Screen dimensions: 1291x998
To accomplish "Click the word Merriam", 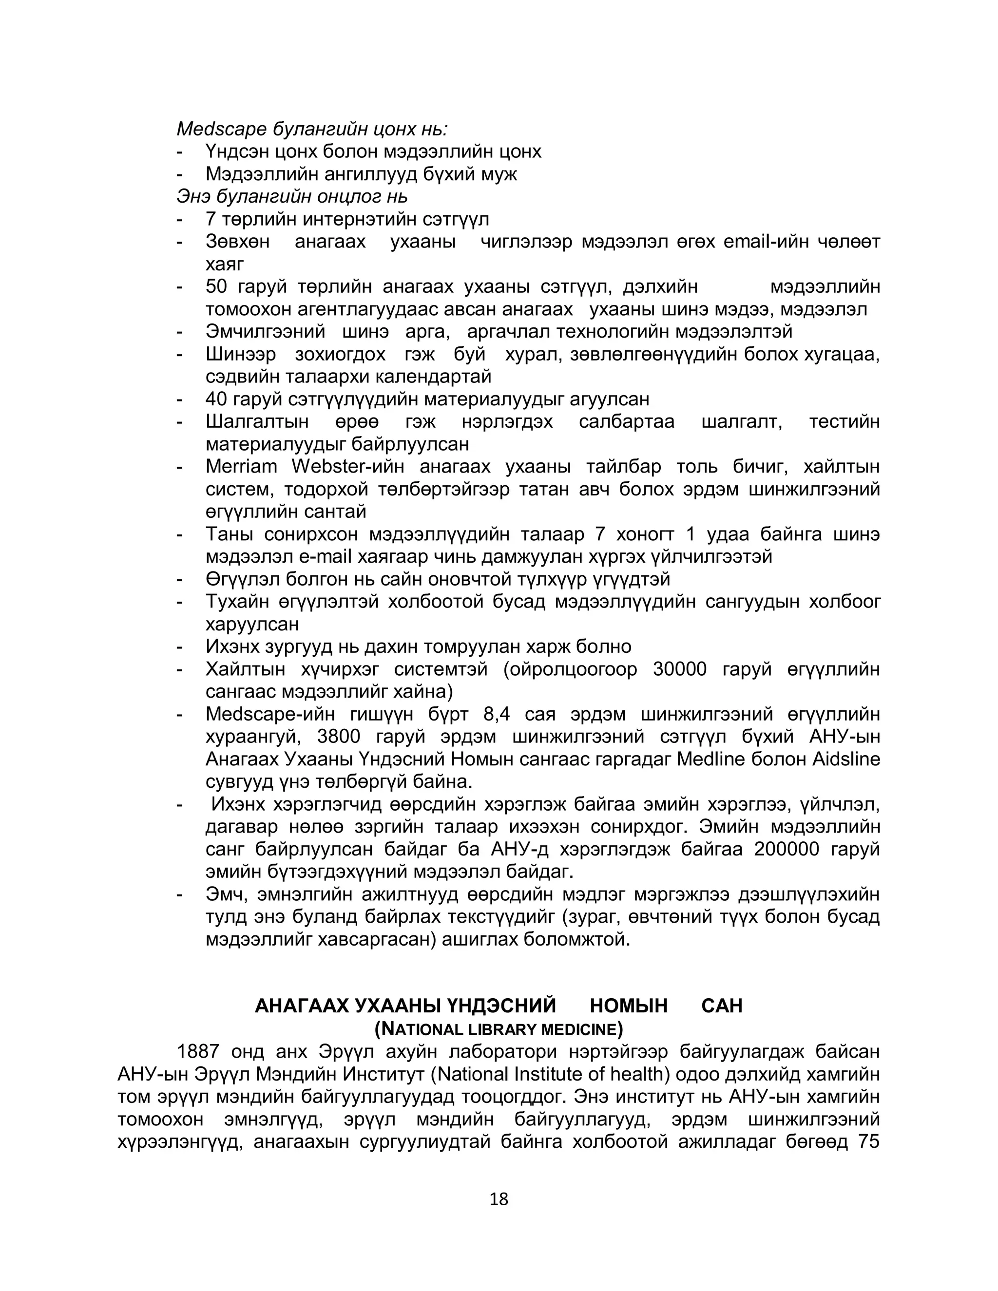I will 241,467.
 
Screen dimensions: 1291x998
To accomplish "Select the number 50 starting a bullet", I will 216,286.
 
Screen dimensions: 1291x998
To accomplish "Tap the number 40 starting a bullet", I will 216,399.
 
